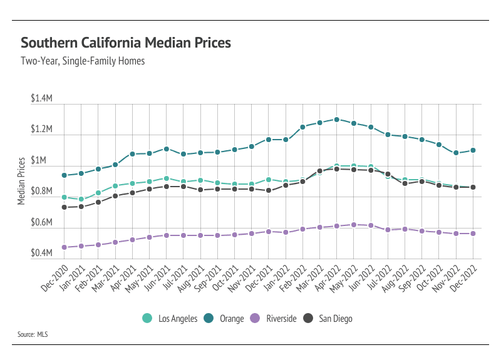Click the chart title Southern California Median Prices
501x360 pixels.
(126, 43)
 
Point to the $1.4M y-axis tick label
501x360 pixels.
(41, 100)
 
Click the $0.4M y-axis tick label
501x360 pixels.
(41, 253)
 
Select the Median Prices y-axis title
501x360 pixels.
(22, 180)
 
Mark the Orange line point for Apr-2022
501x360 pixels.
(337, 119)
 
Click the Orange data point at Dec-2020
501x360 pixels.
(65, 175)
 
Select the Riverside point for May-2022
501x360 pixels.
(354, 225)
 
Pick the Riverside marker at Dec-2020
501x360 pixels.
(65, 247)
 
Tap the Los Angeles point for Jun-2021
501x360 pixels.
(167, 178)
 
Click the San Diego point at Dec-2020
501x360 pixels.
(65, 207)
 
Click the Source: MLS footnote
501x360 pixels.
(33, 335)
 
